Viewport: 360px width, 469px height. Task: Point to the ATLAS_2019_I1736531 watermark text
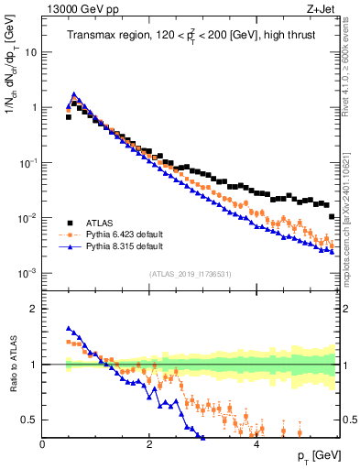point(191,275)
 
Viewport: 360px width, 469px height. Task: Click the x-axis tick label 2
point(148,445)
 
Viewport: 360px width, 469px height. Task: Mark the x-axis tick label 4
point(256,445)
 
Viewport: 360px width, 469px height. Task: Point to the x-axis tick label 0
point(42,445)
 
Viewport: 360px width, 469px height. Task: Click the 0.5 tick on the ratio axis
point(29,420)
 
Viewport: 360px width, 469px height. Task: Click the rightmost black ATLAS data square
point(332,216)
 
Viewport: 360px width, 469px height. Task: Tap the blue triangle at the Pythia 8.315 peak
point(73,94)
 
